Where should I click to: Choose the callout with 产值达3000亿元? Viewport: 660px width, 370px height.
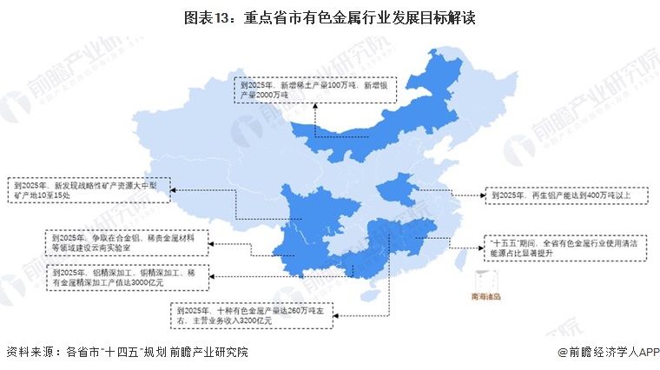(x=125, y=278)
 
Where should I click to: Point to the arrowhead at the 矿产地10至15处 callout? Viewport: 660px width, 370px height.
(x=171, y=189)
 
